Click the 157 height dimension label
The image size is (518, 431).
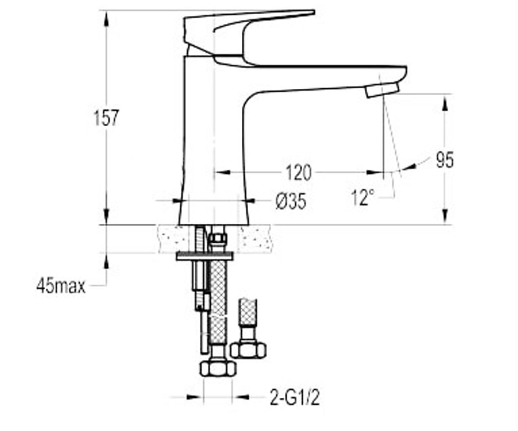click(106, 118)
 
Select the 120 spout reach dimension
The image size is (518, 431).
click(298, 173)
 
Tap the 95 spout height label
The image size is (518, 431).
click(445, 160)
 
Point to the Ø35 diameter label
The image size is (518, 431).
click(291, 201)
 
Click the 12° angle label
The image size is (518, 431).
click(363, 197)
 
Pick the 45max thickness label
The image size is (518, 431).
click(61, 286)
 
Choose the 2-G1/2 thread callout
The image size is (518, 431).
click(294, 397)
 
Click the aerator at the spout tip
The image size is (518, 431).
click(382, 90)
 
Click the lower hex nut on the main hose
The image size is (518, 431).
click(218, 369)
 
